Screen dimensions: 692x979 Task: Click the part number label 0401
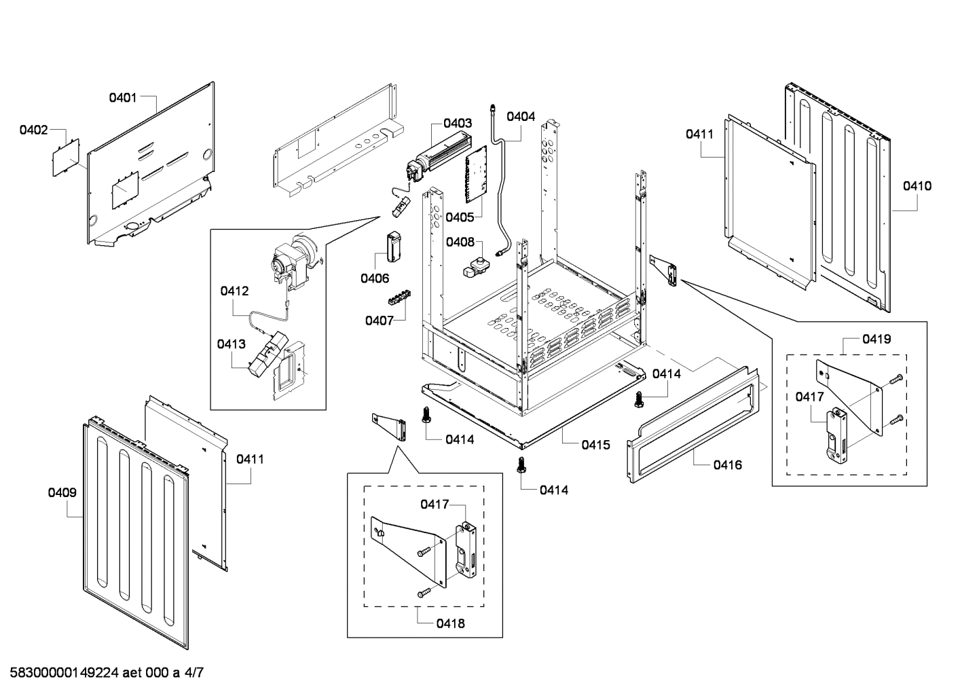point(123,98)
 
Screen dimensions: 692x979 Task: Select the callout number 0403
point(458,123)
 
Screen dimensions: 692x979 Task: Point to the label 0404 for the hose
point(521,116)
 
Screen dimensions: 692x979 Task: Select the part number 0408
point(460,242)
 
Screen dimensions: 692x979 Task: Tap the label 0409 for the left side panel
point(62,493)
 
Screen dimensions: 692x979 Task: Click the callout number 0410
point(917,186)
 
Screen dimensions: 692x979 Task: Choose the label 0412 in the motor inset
point(234,291)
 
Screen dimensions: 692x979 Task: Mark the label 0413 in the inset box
point(232,344)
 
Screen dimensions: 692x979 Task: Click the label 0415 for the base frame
point(595,445)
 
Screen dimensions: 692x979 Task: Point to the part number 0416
point(727,465)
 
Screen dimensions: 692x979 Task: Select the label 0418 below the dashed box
point(451,623)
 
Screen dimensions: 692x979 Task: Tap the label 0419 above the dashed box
point(876,339)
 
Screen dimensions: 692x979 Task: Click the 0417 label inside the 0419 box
point(810,397)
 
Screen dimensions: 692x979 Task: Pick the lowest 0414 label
point(554,490)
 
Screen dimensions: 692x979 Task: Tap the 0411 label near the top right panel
point(699,134)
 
